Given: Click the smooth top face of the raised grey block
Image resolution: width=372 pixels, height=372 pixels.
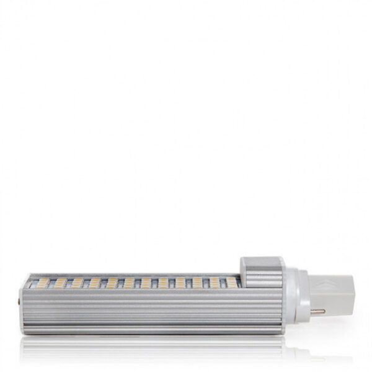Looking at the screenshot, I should pos(259,260).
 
